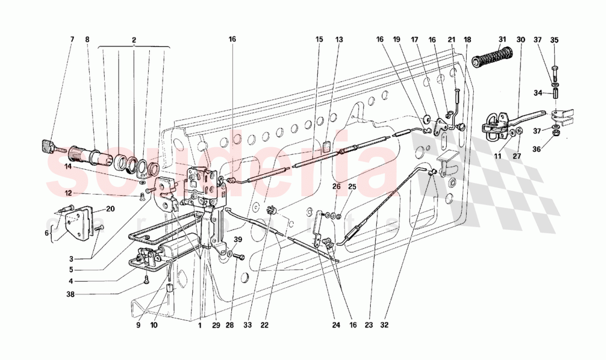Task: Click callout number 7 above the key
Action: coord(72,40)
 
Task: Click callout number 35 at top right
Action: coord(554,40)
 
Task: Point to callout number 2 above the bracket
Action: coord(134,40)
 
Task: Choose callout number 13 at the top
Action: coord(339,40)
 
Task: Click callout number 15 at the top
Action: coord(320,40)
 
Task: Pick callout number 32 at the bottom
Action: coord(384,325)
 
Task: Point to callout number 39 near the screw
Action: coord(237,239)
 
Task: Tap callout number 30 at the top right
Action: coord(521,40)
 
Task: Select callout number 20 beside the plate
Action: coord(110,209)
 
